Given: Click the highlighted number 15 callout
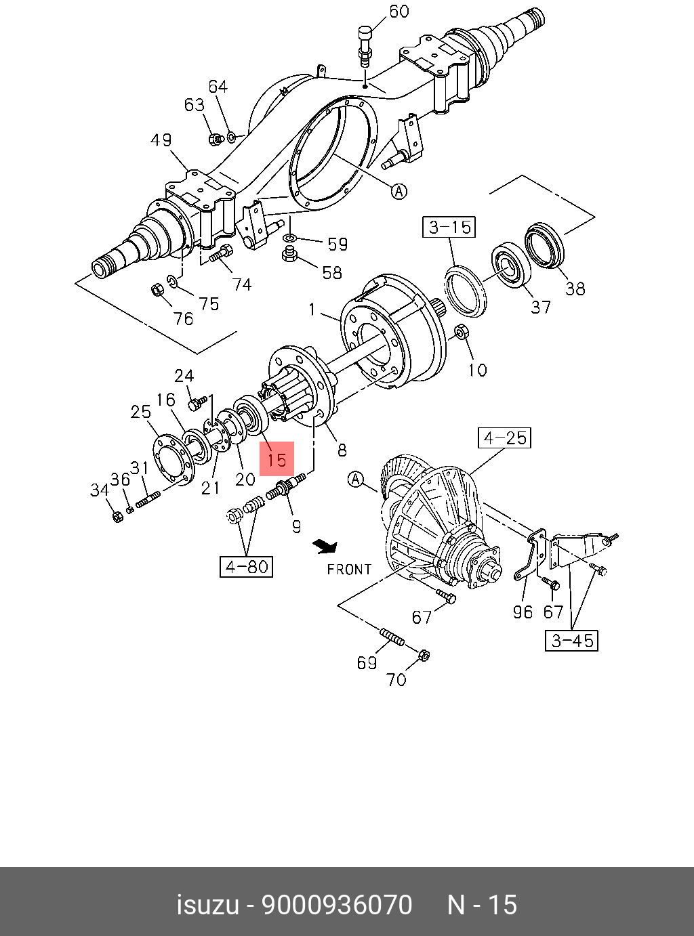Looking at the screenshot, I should [x=277, y=459].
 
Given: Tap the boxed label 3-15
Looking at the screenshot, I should [x=450, y=227].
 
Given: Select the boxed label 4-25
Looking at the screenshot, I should [x=505, y=438].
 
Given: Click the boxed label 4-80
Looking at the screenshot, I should [x=246, y=566].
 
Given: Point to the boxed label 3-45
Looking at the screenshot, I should [x=572, y=640].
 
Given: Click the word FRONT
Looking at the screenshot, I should [x=349, y=570].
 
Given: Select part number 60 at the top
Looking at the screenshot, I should [x=399, y=12].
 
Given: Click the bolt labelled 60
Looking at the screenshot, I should [x=365, y=45].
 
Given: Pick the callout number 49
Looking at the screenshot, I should [x=161, y=140].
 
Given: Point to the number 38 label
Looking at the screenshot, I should [x=575, y=289].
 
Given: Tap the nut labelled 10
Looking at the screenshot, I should [x=460, y=333].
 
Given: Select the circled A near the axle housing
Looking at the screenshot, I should [x=399, y=192].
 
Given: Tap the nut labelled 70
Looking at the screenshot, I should [x=422, y=655].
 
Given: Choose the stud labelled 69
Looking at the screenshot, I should [x=392, y=637].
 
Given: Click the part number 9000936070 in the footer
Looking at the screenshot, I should [x=337, y=905].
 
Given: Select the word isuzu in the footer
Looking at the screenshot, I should [x=207, y=905].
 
